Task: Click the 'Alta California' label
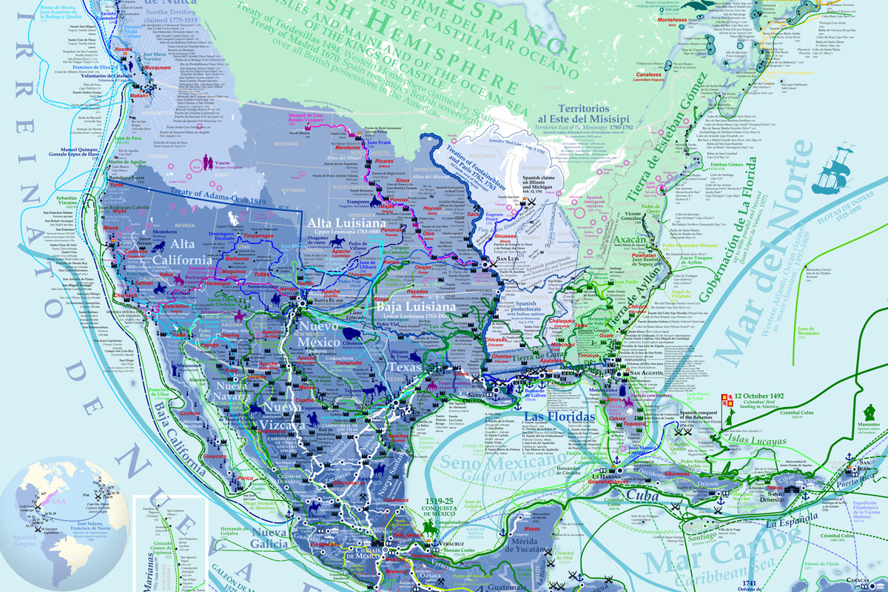pos(182,252)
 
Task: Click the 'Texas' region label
pos(403,367)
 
